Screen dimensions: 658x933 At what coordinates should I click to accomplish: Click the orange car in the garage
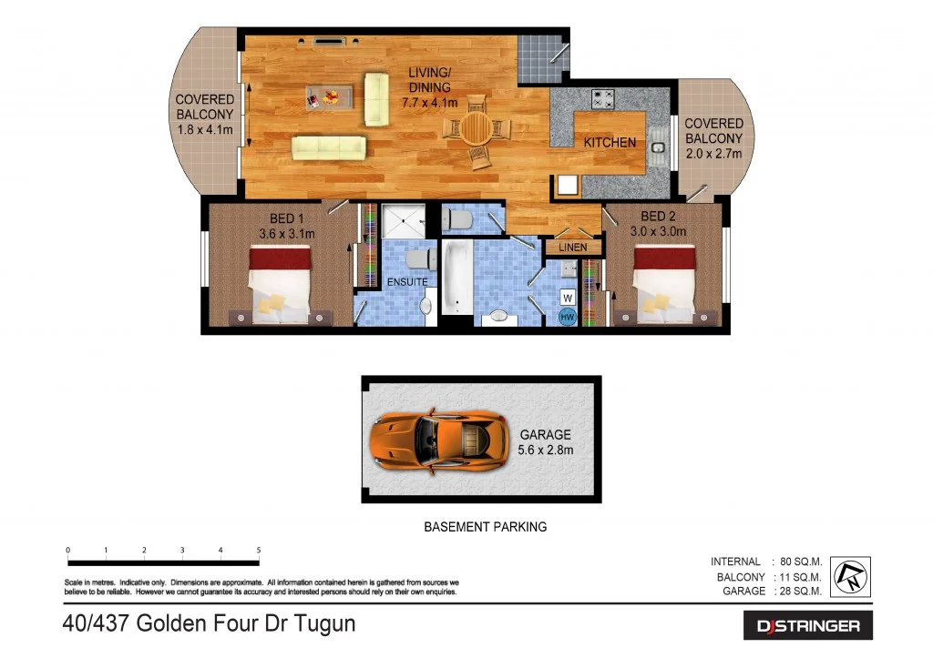pos(439,439)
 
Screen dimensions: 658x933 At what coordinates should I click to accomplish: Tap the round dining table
pos(476,128)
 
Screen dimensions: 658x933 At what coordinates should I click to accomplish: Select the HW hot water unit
pos(567,317)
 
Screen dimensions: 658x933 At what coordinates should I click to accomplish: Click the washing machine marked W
pos(567,298)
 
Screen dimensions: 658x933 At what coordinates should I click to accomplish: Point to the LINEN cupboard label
pos(573,248)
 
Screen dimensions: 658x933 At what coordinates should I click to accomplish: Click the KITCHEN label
pos(610,143)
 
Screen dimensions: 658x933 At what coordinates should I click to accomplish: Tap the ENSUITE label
pos(406,282)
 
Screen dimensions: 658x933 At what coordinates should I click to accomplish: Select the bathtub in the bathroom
pos(455,277)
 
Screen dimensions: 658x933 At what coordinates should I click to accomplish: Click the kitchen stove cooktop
pos(603,98)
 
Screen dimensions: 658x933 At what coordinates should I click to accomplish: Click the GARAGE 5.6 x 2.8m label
pos(546,442)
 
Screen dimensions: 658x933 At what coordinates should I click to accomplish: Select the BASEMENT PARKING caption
pos(486,526)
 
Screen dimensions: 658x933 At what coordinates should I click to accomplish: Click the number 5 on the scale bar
pos(260,550)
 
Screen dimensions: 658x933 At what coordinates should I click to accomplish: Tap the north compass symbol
pos(850,577)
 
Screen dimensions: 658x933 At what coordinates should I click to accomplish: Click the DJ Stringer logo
pos(808,625)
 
